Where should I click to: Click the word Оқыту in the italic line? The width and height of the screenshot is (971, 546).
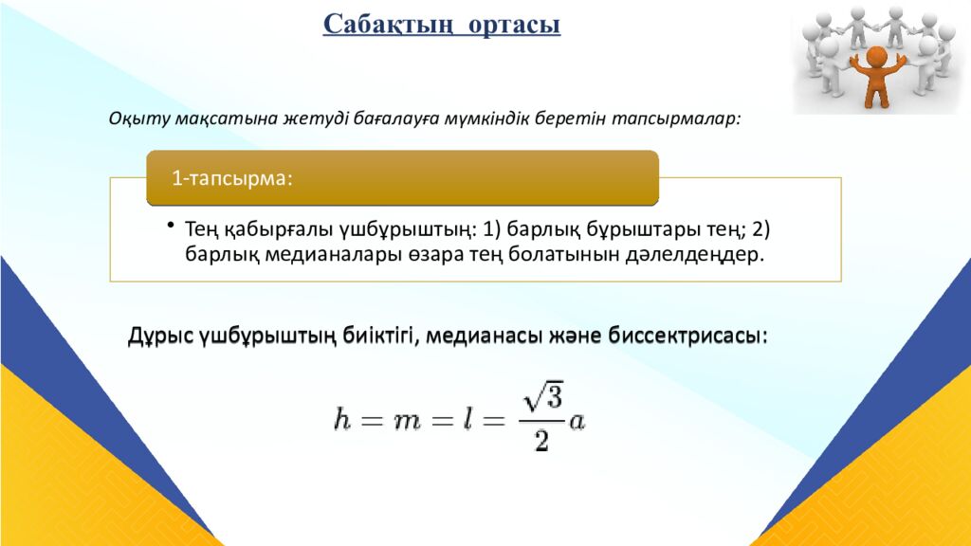(137, 119)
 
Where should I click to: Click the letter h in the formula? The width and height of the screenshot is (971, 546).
(342, 420)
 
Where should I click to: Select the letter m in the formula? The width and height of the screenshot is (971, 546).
(408, 420)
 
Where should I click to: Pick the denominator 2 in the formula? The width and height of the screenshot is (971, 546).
(541, 441)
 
